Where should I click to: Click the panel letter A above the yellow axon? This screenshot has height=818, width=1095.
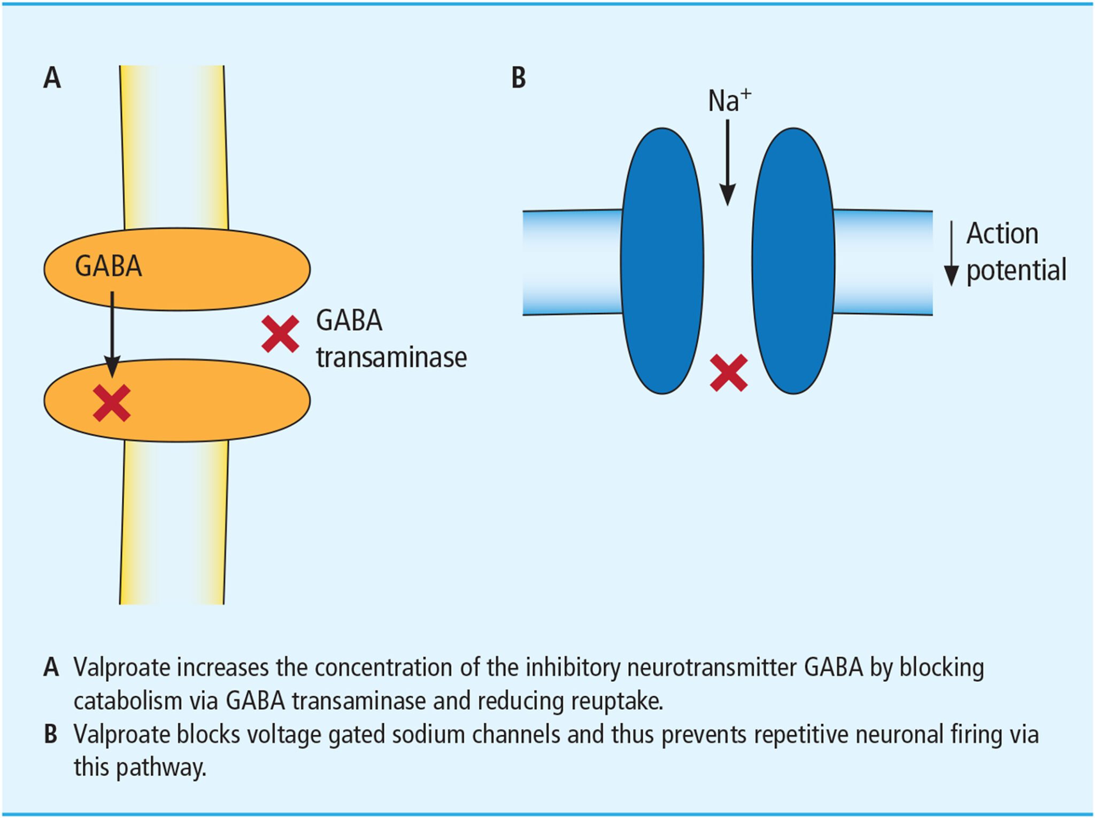click(x=52, y=78)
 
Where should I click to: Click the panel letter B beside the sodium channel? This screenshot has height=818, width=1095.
click(x=518, y=78)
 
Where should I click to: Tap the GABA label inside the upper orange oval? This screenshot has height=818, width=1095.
click(x=109, y=266)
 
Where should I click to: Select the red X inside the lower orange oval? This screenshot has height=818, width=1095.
click(x=112, y=403)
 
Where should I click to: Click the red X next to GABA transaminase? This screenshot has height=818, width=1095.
click(x=280, y=334)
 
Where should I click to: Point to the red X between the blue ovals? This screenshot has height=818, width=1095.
click(x=729, y=373)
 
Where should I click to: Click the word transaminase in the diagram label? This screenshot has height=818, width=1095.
click(x=391, y=357)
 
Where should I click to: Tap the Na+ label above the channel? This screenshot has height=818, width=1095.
click(x=729, y=100)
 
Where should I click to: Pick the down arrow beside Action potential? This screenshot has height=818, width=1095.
click(x=951, y=254)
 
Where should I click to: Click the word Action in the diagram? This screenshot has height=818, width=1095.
click(x=1002, y=234)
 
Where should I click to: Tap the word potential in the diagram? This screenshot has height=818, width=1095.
click(x=1016, y=270)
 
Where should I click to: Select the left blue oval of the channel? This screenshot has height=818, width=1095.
click(x=662, y=261)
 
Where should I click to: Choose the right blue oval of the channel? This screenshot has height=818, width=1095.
click(x=793, y=261)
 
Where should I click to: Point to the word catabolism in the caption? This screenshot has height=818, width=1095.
click(x=128, y=701)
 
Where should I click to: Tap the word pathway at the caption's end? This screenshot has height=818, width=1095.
click(x=160, y=768)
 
